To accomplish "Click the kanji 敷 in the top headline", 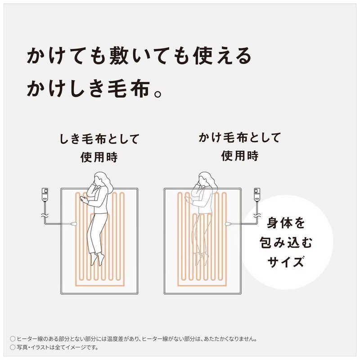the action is (119, 56).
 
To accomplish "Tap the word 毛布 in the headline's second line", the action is (129, 89).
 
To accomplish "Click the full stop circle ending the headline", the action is (158, 94).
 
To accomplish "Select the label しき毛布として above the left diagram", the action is (99, 139).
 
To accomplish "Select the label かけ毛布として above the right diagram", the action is (239, 138).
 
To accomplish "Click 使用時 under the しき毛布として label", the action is (99, 157).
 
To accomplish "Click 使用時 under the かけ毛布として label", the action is (240, 156).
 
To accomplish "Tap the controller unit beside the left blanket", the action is (45, 195).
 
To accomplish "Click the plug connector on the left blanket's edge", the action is (73, 223).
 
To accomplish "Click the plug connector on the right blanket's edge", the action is (229, 223).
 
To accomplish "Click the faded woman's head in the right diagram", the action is (206, 179).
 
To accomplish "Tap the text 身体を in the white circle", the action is (286, 223).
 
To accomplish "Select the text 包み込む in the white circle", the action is (286, 243).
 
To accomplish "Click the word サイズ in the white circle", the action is (286, 262).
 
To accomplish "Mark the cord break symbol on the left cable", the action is (45, 216).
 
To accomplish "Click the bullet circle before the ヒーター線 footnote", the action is (13, 339).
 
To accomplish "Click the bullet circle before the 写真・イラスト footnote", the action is (13, 347).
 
